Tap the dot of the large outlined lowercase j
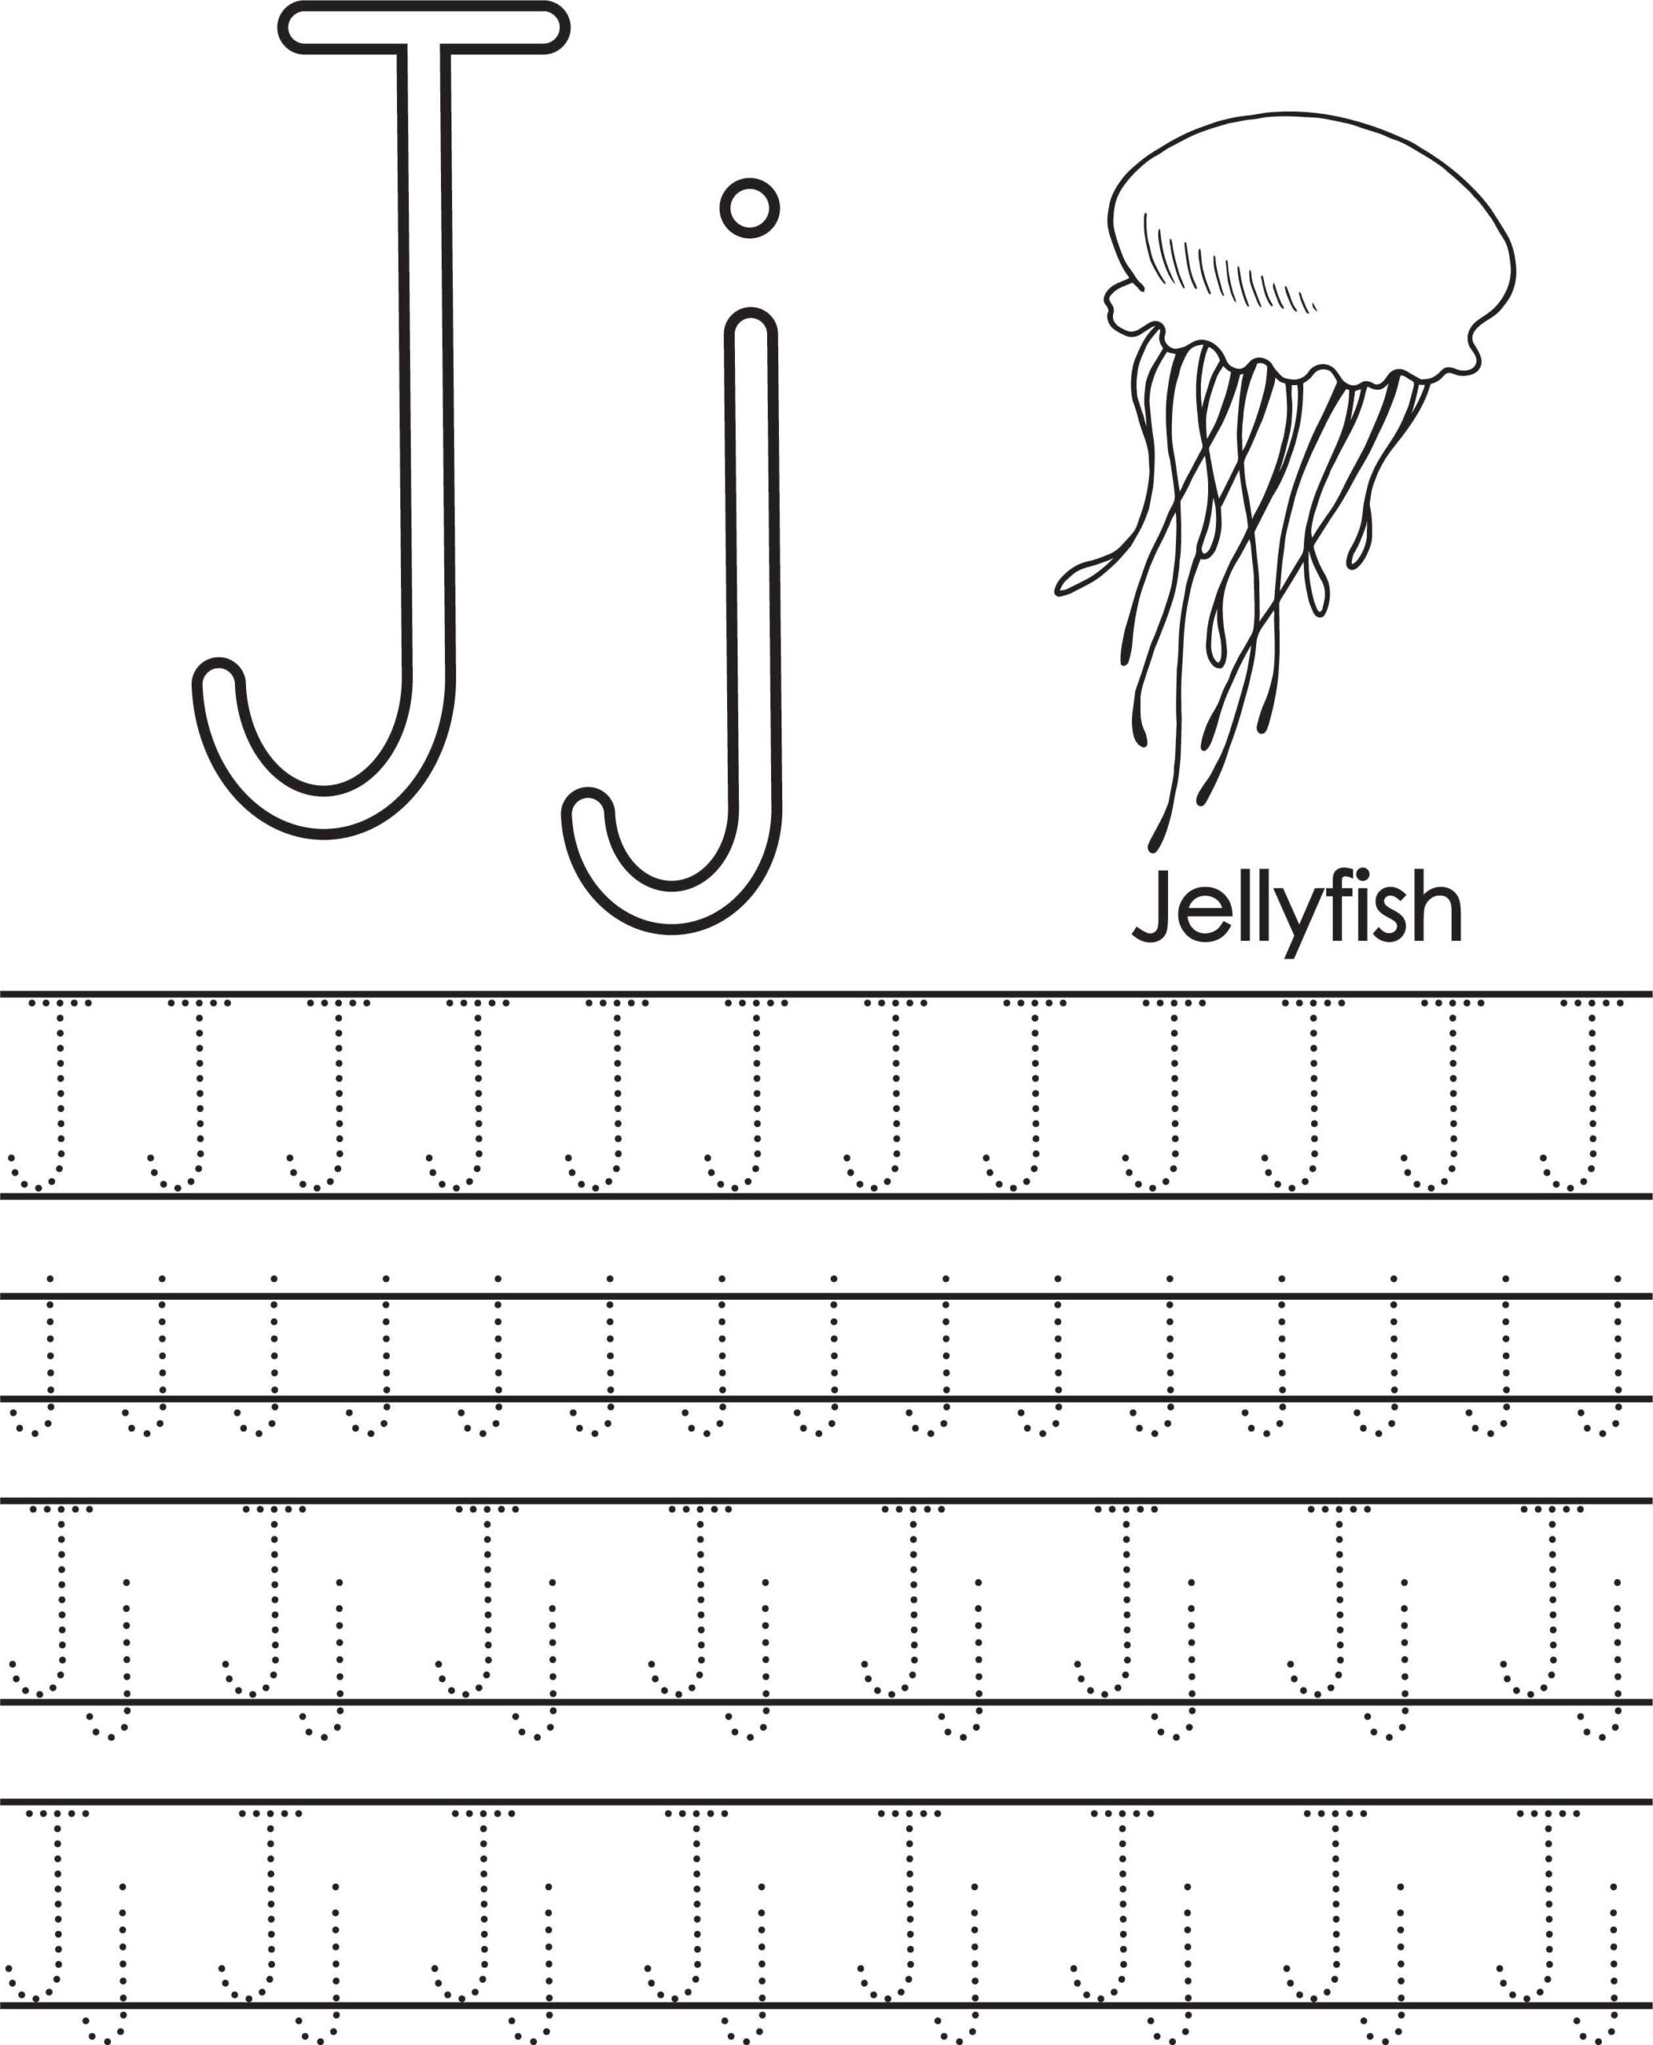pyautogui.click(x=750, y=208)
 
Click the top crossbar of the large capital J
pyautogui.click(x=423, y=28)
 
